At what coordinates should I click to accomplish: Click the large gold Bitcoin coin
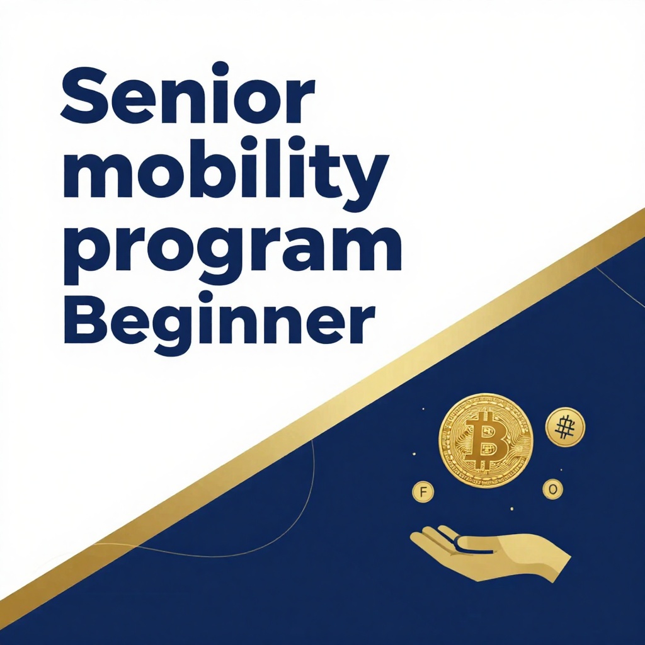[486, 440]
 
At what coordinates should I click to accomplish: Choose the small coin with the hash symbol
[565, 427]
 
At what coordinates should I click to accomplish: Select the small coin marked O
[552, 489]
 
